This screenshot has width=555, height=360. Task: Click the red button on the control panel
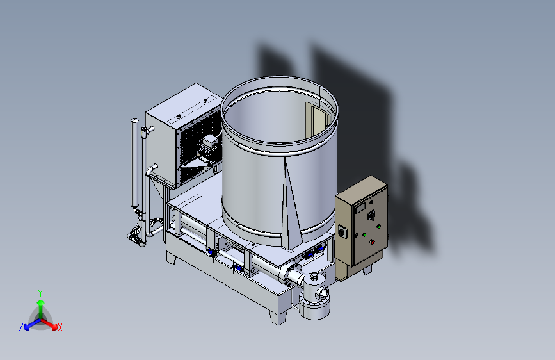click(x=372, y=242)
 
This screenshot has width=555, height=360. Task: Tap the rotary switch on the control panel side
click(x=342, y=232)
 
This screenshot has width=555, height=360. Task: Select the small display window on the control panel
click(x=360, y=208)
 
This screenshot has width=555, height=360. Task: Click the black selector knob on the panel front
click(x=371, y=215)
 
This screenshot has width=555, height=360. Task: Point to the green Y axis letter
click(x=40, y=293)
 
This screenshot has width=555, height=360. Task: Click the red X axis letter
click(x=60, y=328)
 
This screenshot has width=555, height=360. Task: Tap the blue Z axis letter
click(x=21, y=327)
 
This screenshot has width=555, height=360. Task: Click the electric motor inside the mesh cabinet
click(x=208, y=149)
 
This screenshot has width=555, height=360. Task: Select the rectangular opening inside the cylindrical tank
click(x=317, y=121)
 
